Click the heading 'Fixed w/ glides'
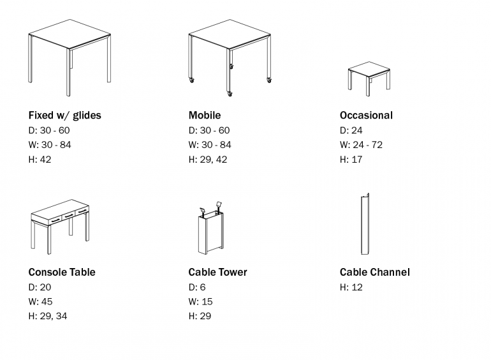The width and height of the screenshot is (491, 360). tap(64, 116)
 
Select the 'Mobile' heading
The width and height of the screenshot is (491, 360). tap(204, 116)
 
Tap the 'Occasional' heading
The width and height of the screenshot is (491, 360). tap(366, 116)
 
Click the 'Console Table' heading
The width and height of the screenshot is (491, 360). tap(61, 272)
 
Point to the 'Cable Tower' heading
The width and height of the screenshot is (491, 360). tap(217, 272)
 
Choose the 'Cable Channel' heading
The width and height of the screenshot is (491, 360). tap(374, 272)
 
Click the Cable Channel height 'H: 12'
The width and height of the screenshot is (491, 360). tap(351, 287)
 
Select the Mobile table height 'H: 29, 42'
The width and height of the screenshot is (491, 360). tap(207, 159)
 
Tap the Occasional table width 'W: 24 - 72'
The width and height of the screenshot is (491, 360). tap(361, 145)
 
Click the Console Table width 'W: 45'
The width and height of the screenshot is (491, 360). tap(40, 301)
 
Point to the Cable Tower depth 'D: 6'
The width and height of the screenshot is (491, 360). tap(197, 287)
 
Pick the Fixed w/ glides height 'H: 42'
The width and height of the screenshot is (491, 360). tap(40, 159)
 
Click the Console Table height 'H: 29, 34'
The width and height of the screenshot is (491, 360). tap(47, 316)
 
